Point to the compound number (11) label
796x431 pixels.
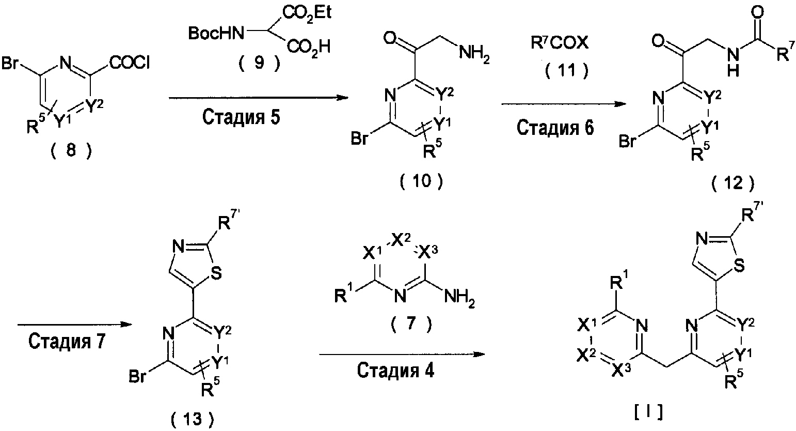[566, 70]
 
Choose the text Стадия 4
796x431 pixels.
[394, 372]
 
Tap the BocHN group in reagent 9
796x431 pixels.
[213, 34]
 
